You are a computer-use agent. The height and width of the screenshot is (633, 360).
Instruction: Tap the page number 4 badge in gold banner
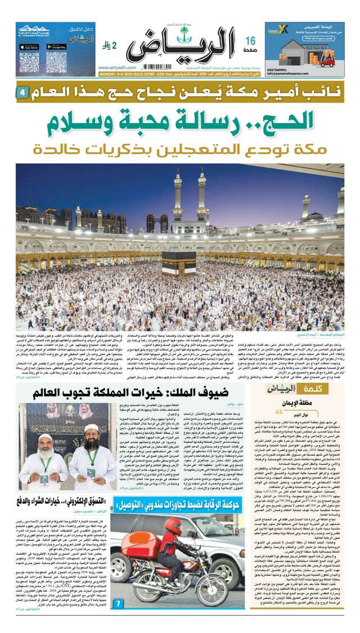(22, 91)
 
